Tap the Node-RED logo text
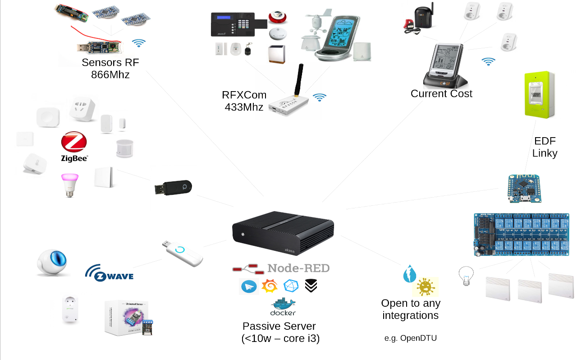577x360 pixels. click(x=298, y=268)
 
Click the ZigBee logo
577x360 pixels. click(x=74, y=146)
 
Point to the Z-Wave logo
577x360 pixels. click(x=109, y=273)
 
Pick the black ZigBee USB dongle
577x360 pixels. click(x=174, y=188)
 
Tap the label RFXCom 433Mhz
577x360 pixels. click(x=244, y=101)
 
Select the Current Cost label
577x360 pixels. click(x=441, y=94)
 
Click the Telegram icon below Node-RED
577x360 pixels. click(x=249, y=286)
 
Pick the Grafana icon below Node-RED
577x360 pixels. click(x=270, y=286)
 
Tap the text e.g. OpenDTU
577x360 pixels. click(x=411, y=338)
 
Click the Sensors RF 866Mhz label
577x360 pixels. click(x=110, y=69)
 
